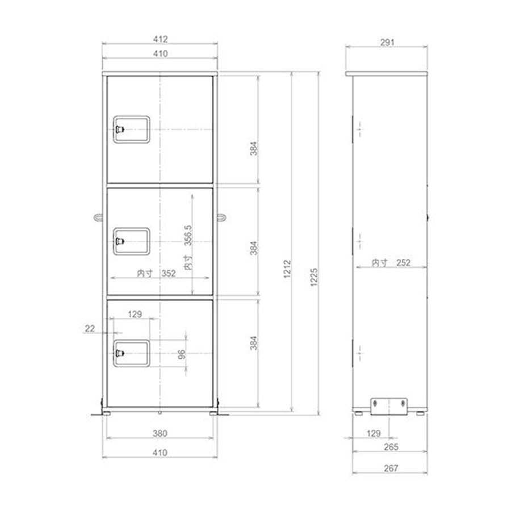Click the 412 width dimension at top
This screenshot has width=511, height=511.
pyautogui.click(x=160, y=39)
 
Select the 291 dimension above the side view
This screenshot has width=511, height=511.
pyautogui.click(x=387, y=43)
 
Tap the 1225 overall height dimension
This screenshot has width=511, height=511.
pyautogui.click(x=313, y=277)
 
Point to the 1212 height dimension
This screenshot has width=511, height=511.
pyautogui.click(x=287, y=269)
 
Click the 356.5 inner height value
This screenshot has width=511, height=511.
pyautogui.click(x=188, y=235)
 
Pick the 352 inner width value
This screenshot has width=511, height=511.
pyautogui.click(x=169, y=273)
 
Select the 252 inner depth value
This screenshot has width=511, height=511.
pyautogui.click(x=403, y=263)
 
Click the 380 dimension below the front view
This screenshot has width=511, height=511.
pyautogui.click(x=160, y=433)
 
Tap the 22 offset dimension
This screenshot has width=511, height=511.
pyautogui.click(x=90, y=329)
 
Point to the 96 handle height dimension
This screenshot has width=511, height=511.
pyautogui.click(x=182, y=354)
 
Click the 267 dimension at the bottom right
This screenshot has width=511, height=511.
pyautogui.click(x=391, y=468)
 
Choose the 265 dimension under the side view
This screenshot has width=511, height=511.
pyautogui.click(x=391, y=447)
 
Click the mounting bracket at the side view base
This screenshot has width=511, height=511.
pyautogui.click(x=389, y=407)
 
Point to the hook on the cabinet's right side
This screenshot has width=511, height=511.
pyautogui.click(x=221, y=217)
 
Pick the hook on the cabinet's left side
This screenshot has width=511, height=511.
pyautogui.click(x=98, y=217)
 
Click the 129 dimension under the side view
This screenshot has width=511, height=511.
pyautogui.click(x=373, y=433)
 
